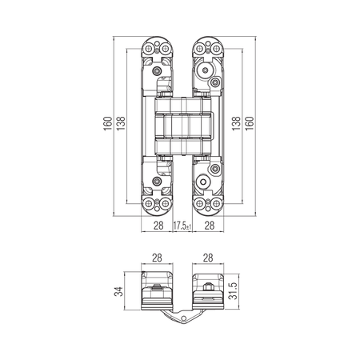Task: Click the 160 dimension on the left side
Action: (x=108, y=123)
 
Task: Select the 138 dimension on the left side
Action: (x=121, y=123)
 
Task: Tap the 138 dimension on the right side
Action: (x=236, y=123)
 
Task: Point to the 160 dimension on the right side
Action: (x=250, y=123)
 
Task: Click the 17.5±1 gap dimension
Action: (x=182, y=226)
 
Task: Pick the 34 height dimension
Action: (x=118, y=291)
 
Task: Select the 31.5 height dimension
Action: (x=233, y=291)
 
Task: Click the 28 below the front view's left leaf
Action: (x=158, y=226)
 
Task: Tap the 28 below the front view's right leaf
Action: (x=210, y=226)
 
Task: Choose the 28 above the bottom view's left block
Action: (x=157, y=258)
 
